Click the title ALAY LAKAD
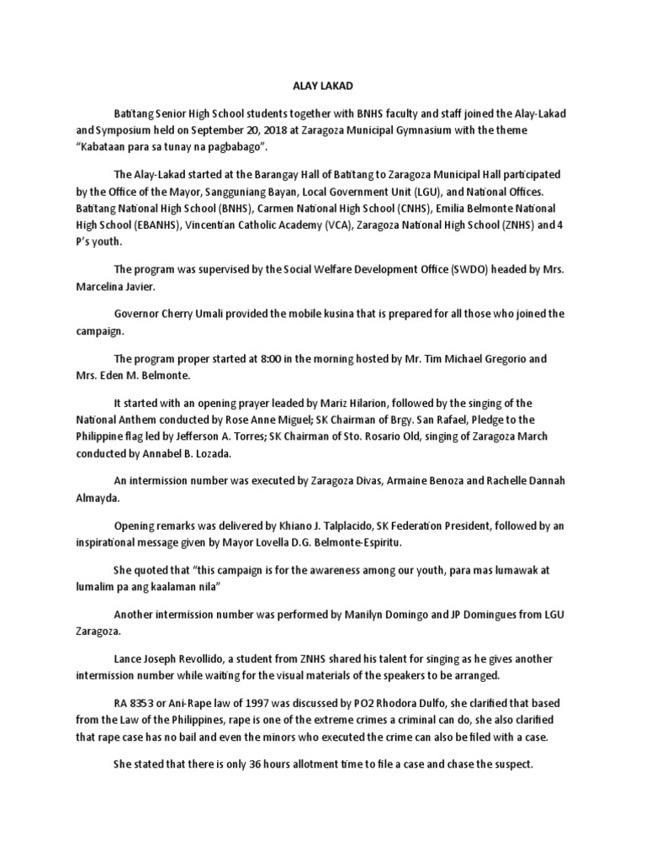pos(323,85)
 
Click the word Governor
pos(140,314)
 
